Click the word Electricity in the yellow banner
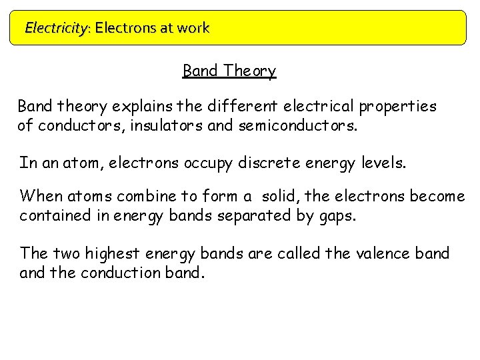[x=55, y=28]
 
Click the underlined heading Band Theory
[x=229, y=71]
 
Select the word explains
[x=141, y=107]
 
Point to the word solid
[x=281, y=197]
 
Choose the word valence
[x=381, y=254]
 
